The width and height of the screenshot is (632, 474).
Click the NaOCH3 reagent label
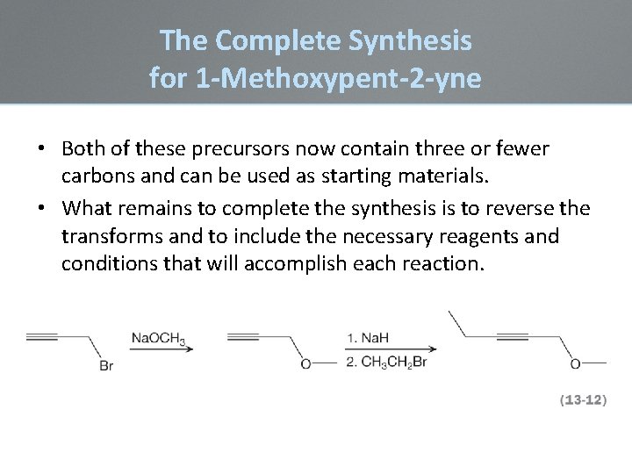click(x=159, y=338)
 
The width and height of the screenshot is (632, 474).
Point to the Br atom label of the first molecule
click(x=105, y=365)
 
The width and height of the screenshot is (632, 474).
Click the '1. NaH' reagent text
click(x=368, y=338)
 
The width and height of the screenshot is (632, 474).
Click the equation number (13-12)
click(x=583, y=399)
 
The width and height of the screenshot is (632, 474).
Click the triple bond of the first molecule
click(x=41, y=337)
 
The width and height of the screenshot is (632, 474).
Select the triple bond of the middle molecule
click(x=242, y=337)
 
